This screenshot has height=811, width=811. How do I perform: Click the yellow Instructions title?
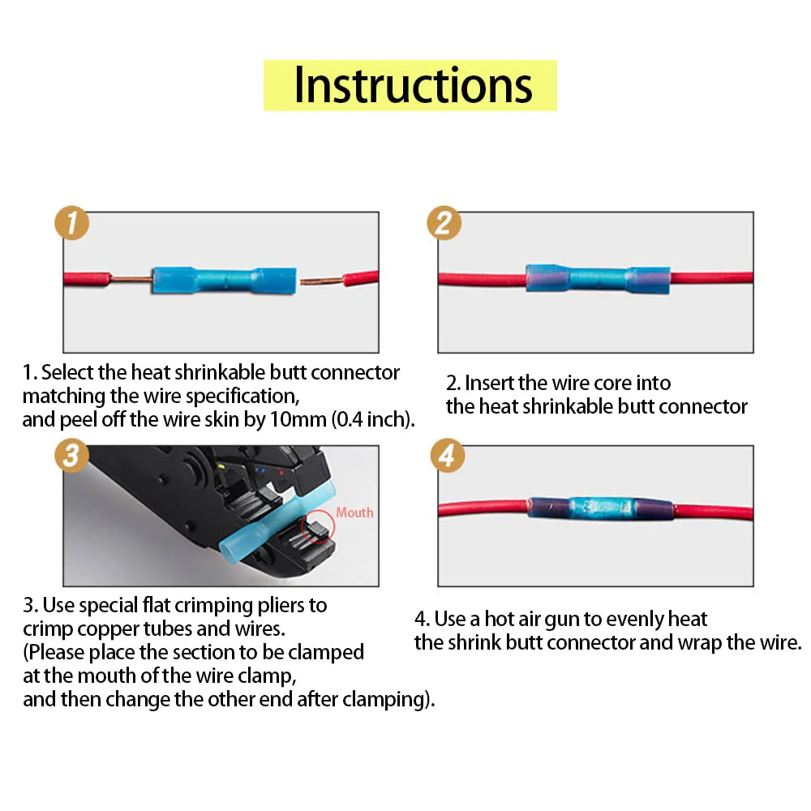pyautogui.click(x=410, y=85)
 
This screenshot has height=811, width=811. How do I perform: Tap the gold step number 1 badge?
pyautogui.click(x=72, y=223)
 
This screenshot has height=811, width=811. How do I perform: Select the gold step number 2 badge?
pyautogui.click(x=444, y=223)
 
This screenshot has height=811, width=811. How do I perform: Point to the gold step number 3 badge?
pyautogui.click(x=72, y=455)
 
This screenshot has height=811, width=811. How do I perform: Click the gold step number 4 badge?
pyautogui.click(x=448, y=455)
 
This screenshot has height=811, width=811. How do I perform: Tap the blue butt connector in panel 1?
pyautogui.click(x=225, y=281)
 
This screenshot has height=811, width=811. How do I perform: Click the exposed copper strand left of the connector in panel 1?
pyautogui.click(x=131, y=279)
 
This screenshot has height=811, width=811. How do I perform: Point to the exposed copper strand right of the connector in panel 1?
pyautogui.click(x=322, y=281)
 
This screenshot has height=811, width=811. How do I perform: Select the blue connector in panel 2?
pyautogui.click(x=598, y=279)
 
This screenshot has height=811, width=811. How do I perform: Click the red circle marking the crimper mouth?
pyautogui.click(x=318, y=526)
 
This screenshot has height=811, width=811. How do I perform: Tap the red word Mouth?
pyautogui.click(x=354, y=513)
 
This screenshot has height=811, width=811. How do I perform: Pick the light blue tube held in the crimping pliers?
pyautogui.click(x=277, y=526)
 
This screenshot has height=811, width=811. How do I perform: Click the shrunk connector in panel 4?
pyautogui.click(x=600, y=509)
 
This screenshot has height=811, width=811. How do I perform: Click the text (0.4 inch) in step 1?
pyautogui.click(x=373, y=419)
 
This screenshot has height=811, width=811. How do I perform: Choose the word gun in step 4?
pyautogui.click(x=561, y=620)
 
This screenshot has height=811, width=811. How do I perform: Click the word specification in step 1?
pyautogui.click(x=242, y=397)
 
